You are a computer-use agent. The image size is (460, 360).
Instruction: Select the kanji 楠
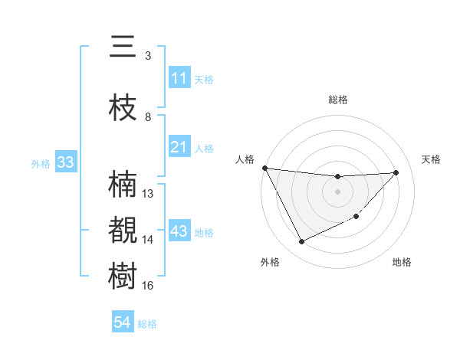tap(123, 184)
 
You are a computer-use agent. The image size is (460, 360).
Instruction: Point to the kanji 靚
tap(123, 230)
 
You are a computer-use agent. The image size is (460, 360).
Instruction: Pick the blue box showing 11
tap(179, 78)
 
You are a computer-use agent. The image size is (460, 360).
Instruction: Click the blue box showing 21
tap(179, 147)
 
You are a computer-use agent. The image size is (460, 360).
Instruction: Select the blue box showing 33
tap(65, 162)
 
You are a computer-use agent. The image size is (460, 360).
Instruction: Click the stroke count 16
tap(148, 286)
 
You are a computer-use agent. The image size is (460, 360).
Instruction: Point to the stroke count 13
tap(148, 194)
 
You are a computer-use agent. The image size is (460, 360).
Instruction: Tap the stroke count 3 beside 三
tap(148, 55)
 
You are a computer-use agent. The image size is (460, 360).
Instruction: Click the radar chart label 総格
tap(337, 100)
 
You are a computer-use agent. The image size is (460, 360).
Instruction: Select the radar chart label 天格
tap(432, 159)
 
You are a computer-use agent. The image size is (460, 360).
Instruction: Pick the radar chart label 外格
tap(270, 262)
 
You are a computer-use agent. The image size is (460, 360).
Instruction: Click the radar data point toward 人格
tap(265, 168)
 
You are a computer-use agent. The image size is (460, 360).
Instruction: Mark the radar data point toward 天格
tap(396, 172)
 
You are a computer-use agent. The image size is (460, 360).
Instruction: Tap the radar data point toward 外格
tap(301, 242)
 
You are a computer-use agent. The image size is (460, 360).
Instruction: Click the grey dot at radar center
tap(337, 191)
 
